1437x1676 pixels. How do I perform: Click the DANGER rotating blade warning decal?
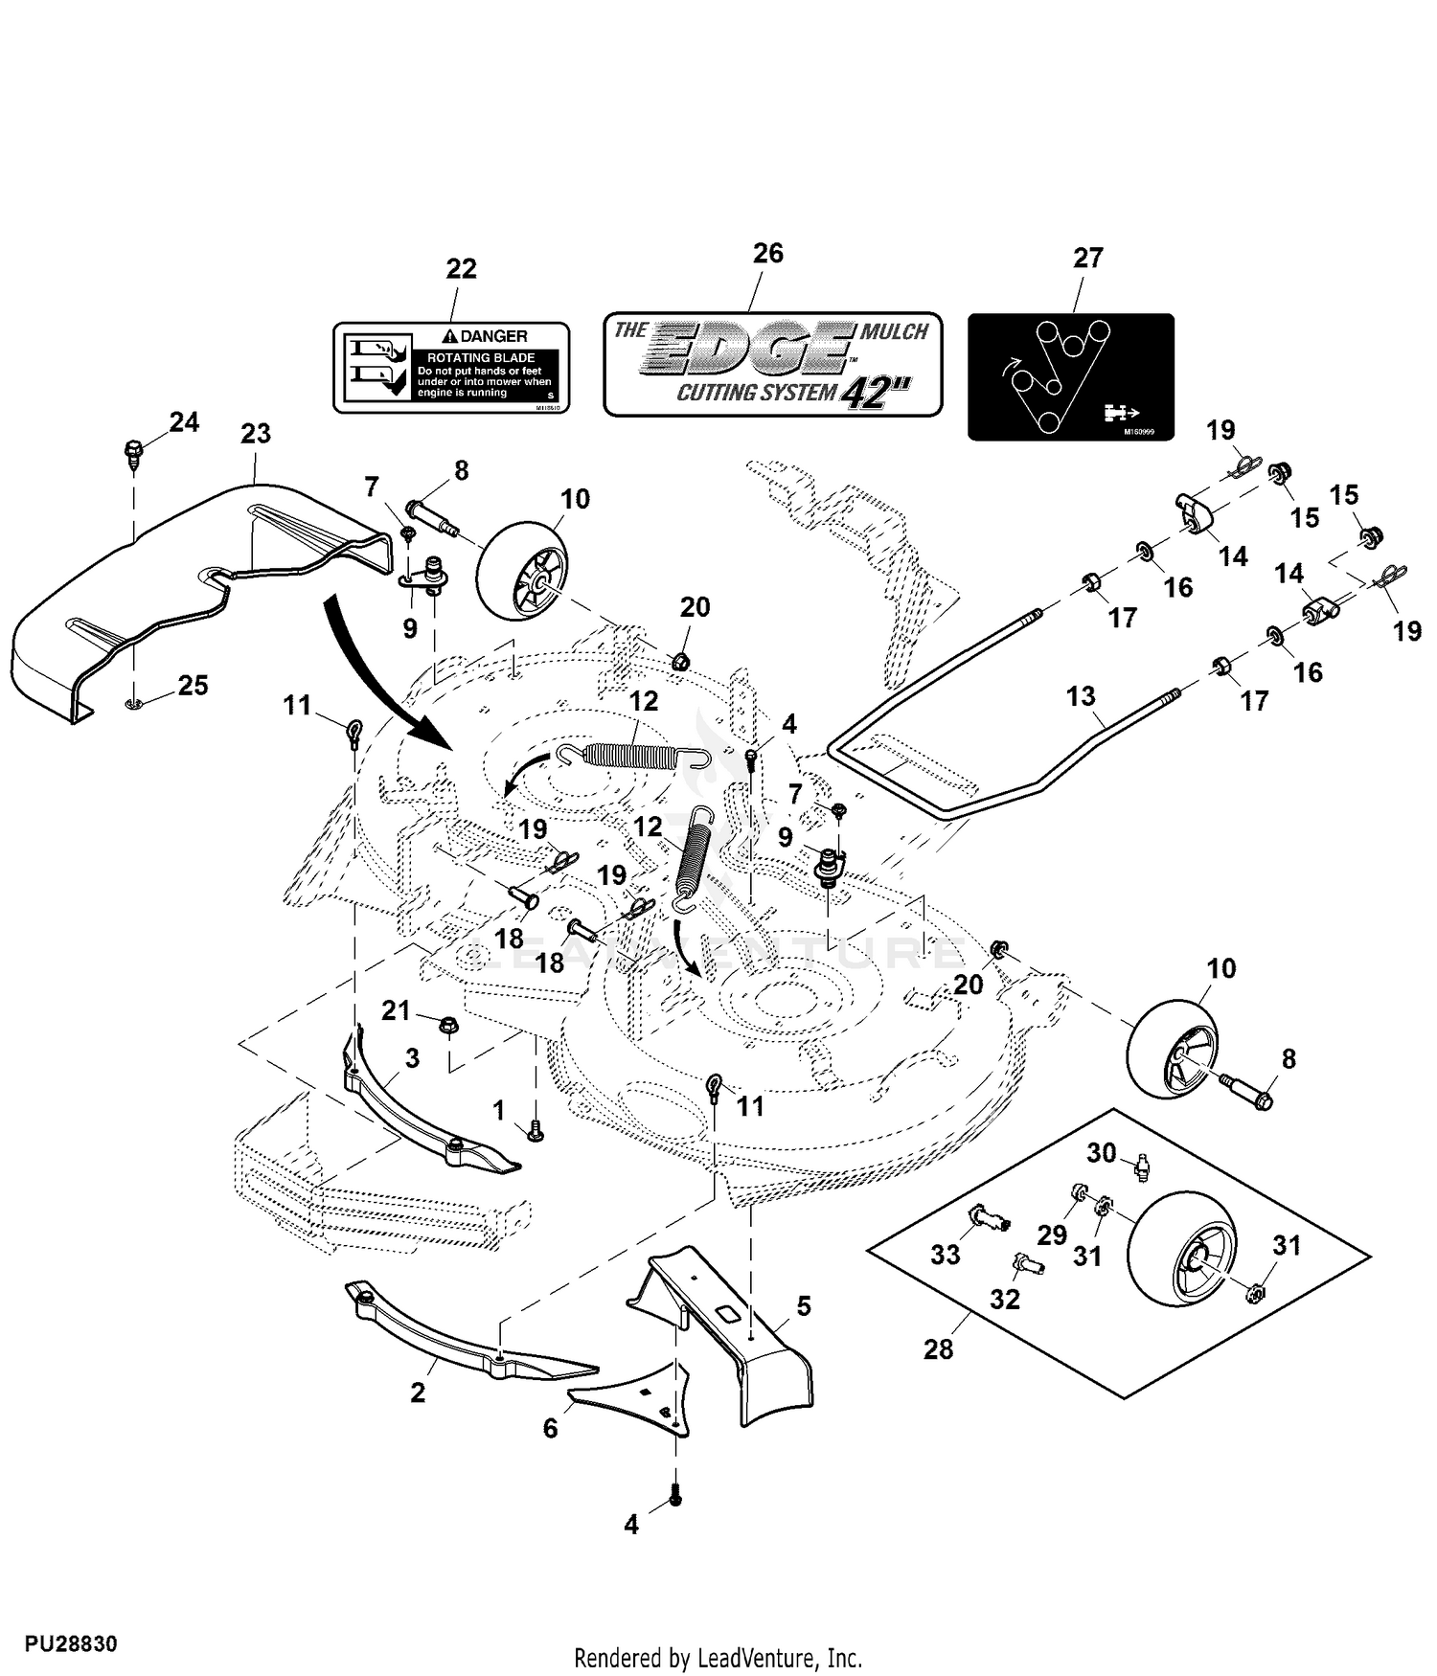coord(451,368)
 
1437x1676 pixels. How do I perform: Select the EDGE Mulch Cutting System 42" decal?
coord(772,364)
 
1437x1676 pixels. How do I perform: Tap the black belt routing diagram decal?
coord(1070,376)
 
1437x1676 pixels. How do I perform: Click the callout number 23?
coord(256,434)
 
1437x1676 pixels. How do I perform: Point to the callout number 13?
coord(1081,696)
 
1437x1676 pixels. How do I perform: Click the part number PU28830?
coord(71,1644)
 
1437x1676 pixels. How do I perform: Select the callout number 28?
coord(938,1349)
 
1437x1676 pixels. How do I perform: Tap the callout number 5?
coord(804,1305)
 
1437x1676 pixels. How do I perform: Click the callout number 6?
coord(550,1429)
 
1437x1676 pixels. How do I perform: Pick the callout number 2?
coord(418,1393)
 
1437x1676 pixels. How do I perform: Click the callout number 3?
coord(412,1058)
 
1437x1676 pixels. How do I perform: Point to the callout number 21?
coord(396,1010)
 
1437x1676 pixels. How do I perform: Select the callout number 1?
coord(498,1110)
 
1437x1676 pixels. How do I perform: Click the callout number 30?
coord(1101,1153)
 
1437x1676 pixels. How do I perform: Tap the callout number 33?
coord(946,1255)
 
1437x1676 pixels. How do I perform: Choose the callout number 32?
coord(1004,1300)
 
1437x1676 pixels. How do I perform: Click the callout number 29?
coord(1052,1235)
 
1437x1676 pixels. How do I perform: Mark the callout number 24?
coord(184,421)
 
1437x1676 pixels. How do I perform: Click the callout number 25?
coord(193,686)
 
